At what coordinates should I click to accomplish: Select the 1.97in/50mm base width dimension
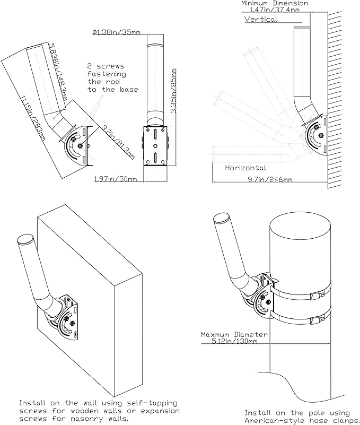tap(116, 179)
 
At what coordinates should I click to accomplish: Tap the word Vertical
tap(261, 19)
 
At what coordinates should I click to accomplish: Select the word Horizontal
tap(245, 168)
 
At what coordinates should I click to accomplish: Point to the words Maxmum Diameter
tap(234, 335)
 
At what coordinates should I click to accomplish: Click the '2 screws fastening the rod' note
tap(113, 78)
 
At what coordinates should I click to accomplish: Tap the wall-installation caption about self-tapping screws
tap(99, 411)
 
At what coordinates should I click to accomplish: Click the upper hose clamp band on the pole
tap(302, 293)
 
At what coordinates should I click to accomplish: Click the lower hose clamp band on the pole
tap(302, 320)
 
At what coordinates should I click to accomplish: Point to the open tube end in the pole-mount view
tap(221, 219)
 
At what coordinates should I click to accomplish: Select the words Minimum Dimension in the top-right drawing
tap(275, 3)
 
